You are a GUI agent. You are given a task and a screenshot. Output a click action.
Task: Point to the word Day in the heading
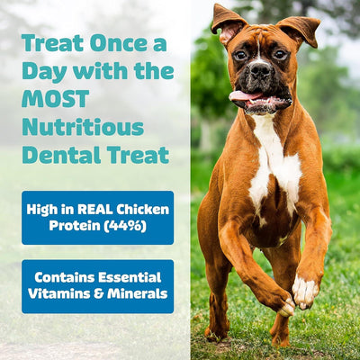[x=42, y=70]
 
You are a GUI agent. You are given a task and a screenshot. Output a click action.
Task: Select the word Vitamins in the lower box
[x=58, y=293]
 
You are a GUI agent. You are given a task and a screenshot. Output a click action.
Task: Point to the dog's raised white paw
[x=304, y=290]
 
